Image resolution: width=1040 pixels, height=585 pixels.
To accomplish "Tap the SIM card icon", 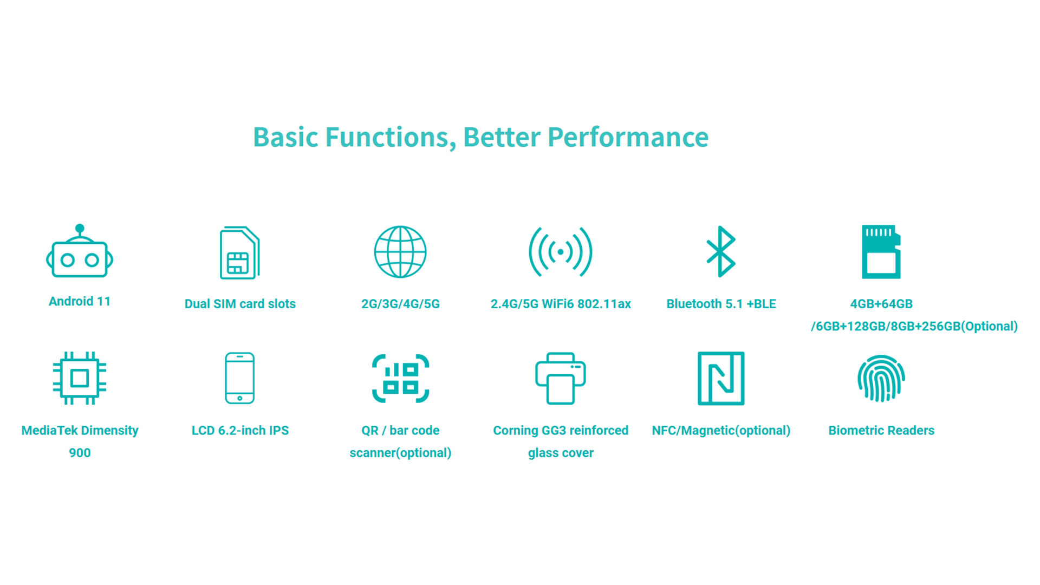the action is [x=239, y=252].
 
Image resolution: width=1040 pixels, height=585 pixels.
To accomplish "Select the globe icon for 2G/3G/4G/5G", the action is [x=400, y=252].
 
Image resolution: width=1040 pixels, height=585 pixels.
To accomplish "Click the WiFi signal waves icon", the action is [x=561, y=252].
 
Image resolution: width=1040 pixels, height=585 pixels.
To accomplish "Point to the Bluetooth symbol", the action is [x=721, y=251].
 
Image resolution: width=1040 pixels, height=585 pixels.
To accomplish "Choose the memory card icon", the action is [x=881, y=252].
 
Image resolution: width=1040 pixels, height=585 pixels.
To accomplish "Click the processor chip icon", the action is [x=80, y=378].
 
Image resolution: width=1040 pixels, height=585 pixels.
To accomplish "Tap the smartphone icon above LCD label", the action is [x=240, y=378].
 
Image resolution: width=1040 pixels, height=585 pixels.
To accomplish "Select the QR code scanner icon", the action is [x=400, y=378].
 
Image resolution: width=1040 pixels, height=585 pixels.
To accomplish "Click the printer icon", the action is [x=561, y=378].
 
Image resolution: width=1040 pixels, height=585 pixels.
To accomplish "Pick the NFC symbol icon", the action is [x=721, y=378].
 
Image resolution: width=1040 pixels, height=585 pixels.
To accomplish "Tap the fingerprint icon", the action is [x=881, y=378].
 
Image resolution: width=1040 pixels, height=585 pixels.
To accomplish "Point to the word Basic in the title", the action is [x=285, y=137].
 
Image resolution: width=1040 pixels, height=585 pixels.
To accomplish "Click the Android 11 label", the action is [x=80, y=301].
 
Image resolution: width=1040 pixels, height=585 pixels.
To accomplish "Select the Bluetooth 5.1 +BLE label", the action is [x=721, y=304].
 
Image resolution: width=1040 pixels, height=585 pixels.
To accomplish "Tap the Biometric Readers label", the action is [x=881, y=431].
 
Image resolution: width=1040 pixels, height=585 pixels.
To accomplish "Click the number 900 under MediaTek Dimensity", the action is [x=80, y=453].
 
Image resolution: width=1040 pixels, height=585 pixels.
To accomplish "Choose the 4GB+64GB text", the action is [x=881, y=304].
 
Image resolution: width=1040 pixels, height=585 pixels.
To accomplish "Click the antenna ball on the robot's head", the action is [x=80, y=228].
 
